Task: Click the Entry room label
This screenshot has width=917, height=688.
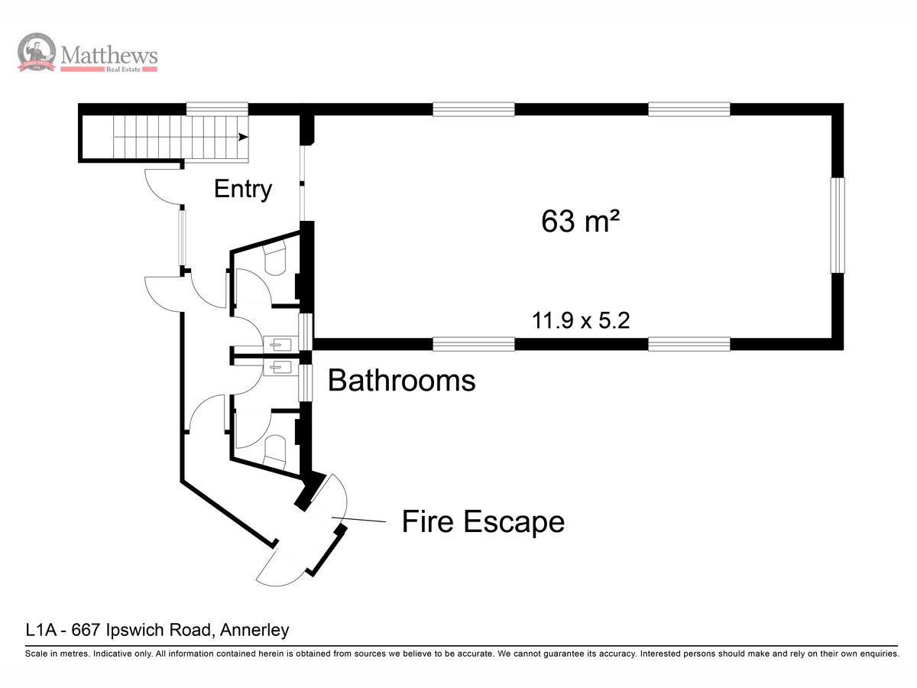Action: point(243,190)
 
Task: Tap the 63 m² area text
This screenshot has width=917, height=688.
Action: point(580,221)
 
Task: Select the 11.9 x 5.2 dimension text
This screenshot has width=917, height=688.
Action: point(581,320)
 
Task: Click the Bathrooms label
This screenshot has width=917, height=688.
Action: point(401,380)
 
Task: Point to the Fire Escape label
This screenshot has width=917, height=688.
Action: point(483,521)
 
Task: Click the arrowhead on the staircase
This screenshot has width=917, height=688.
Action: point(243,137)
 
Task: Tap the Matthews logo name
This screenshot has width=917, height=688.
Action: point(109,55)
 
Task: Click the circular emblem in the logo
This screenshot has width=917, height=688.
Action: point(37,52)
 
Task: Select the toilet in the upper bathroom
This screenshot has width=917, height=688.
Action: point(275,258)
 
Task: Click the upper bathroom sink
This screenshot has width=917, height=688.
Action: point(280,345)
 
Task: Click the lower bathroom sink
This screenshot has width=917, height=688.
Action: point(280,368)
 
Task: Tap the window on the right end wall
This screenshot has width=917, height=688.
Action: point(838,226)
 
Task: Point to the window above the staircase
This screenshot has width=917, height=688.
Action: point(217,109)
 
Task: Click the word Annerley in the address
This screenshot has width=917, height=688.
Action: point(254,629)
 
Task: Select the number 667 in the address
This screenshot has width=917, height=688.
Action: point(86,629)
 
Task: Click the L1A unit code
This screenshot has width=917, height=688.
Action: point(41,629)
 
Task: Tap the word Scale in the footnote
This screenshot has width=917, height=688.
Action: point(37,654)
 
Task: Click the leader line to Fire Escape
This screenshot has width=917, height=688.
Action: point(358,519)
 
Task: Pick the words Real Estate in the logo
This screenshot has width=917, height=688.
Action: point(123,70)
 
